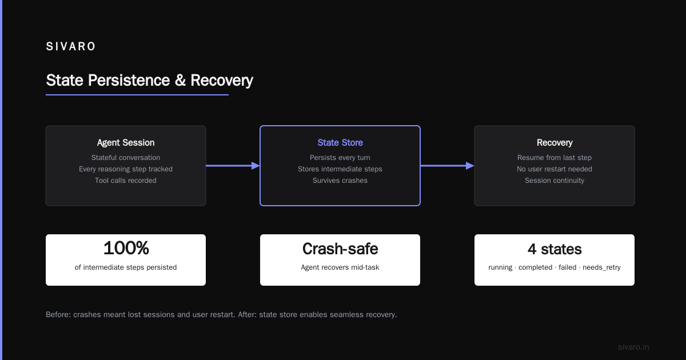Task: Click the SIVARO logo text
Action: (70, 46)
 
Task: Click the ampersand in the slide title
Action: (181, 80)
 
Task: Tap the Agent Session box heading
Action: (126, 143)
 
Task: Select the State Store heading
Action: (340, 143)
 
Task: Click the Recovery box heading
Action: (555, 143)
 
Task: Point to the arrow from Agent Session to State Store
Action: (233, 166)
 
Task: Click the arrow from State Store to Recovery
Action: (447, 166)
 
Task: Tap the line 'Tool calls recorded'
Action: (126, 181)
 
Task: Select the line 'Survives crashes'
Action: (340, 181)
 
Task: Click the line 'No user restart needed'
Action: (555, 169)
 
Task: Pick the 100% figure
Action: (126, 248)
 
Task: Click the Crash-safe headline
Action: (340, 249)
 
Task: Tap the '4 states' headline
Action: (555, 249)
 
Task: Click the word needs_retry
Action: (601, 267)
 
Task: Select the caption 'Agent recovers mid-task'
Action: (340, 267)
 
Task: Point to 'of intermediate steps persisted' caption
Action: (126, 267)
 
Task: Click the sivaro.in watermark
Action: (633, 347)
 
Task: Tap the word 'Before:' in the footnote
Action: (58, 315)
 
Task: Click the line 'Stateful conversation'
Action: (126, 158)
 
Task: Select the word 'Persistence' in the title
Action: (129, 80)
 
